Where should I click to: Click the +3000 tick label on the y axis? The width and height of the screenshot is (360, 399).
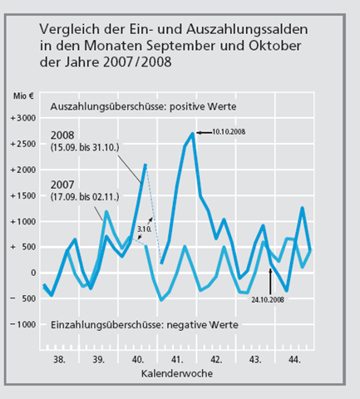(x=23, y=118)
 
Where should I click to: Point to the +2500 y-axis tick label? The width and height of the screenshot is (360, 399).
(x=23, y=144)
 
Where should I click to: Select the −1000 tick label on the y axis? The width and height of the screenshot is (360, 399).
(x=23, y=324)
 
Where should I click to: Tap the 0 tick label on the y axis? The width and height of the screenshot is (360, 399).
(x=33, y=273)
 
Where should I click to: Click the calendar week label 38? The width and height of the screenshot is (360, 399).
(x=59, y=360)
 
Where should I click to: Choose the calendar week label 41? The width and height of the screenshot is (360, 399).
(x=177, y=360)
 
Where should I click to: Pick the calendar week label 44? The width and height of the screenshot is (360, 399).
(x=294, y=360)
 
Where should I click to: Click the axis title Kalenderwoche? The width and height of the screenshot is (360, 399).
(x=177, y=373)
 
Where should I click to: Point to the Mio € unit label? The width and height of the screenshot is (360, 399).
(x=23, y=96)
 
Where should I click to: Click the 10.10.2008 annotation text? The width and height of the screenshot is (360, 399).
(x=229, y=132)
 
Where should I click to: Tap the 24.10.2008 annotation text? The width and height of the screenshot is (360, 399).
(x=268, y=299)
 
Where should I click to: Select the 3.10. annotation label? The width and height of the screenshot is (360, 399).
(x=144, y=229)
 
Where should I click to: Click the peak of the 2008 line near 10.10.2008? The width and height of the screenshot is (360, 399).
(x=193, y=134)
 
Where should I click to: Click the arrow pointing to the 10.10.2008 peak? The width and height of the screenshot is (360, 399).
(x=205, y=133)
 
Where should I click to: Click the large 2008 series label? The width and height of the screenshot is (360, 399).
(x=62, y=135)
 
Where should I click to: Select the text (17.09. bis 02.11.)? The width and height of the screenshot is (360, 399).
(x=85, y=197)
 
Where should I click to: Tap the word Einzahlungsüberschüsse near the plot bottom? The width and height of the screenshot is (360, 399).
(x=107, y=325)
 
